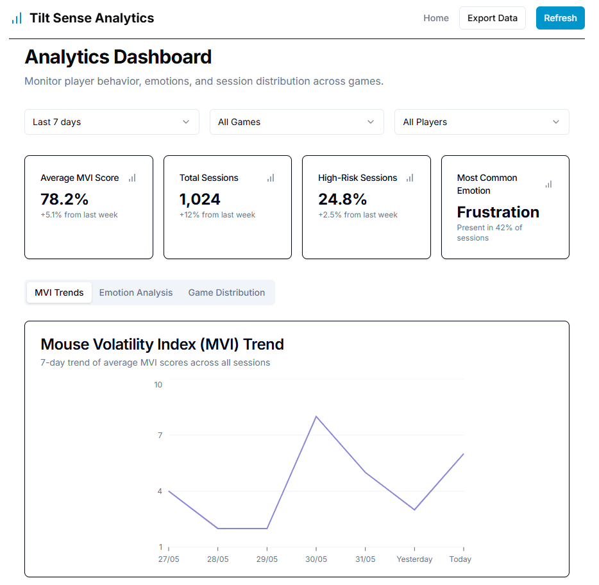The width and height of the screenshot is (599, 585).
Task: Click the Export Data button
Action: coord(492,18)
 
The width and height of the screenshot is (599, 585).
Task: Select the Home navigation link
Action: coord(436,18)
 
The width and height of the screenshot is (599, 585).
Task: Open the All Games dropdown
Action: coord(296,122)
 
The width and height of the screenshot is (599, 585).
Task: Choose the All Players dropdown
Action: coord(481,122)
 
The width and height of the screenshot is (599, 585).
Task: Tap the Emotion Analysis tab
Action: coord(136,292)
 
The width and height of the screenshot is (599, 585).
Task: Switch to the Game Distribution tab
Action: coord(226,292)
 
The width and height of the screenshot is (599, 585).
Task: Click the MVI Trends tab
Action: coord(59,292)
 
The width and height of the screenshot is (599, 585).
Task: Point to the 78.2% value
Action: coord(64,199)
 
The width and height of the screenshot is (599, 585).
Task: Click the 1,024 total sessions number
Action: coord(200,199)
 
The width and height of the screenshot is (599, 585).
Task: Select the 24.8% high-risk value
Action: coord(342,199)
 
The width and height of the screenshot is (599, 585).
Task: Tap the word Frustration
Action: coord(498,212)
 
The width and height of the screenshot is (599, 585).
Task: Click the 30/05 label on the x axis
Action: coord(316,559)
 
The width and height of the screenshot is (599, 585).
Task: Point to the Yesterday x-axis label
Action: coord(414,559)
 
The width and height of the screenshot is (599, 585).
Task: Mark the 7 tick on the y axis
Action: coord(160,436)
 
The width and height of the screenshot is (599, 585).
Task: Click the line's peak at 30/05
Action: coord(316,416)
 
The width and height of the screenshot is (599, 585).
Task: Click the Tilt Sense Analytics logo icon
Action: coord(17,18)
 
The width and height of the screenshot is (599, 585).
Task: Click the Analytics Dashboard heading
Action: coord(118,57)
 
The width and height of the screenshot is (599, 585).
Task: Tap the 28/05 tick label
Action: coord(218,559)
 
